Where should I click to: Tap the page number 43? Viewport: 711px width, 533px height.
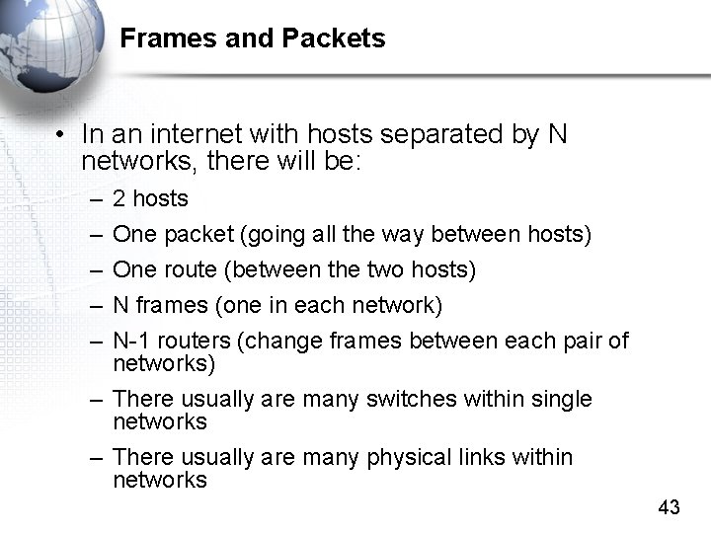(x=669, y=507)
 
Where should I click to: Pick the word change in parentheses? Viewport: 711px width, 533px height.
(x=276, y=342)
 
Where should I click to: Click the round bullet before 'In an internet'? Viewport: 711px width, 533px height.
(x=62, y=134)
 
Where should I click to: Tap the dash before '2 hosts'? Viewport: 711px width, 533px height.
(x=95, y=199)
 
